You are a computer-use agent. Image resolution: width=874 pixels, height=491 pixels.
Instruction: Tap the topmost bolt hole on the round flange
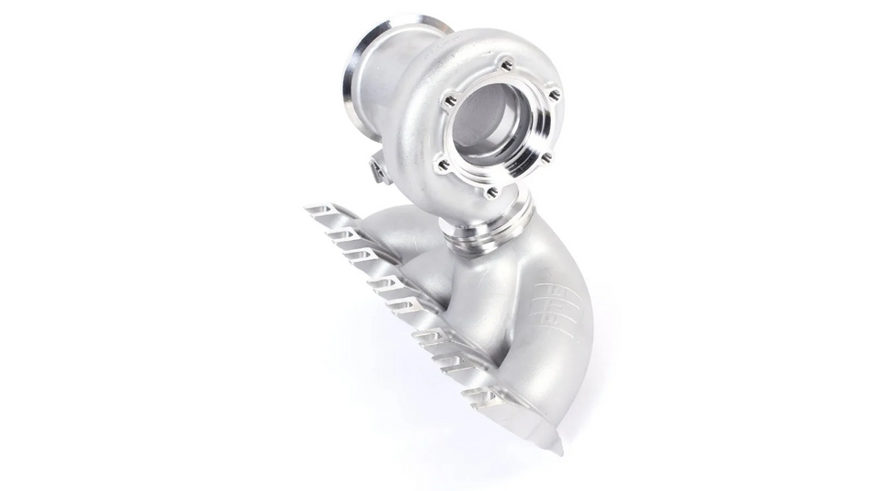point(505,65)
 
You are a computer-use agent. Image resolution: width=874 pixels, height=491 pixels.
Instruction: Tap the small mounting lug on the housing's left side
point(379,167)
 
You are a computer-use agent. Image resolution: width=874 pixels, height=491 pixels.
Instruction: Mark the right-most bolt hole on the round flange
point(554,95)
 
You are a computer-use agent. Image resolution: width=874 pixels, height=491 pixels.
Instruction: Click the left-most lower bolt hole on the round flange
point(443,166)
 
